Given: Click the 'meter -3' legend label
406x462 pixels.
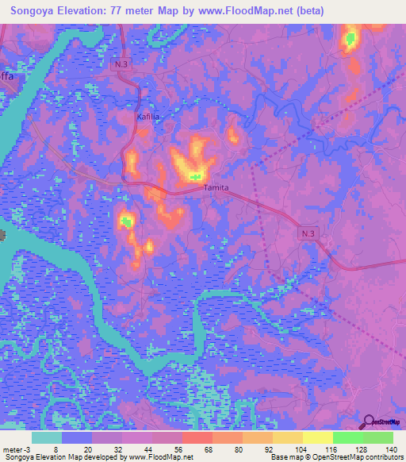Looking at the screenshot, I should pos(16,449).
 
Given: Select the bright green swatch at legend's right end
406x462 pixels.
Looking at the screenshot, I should pos(378,437).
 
